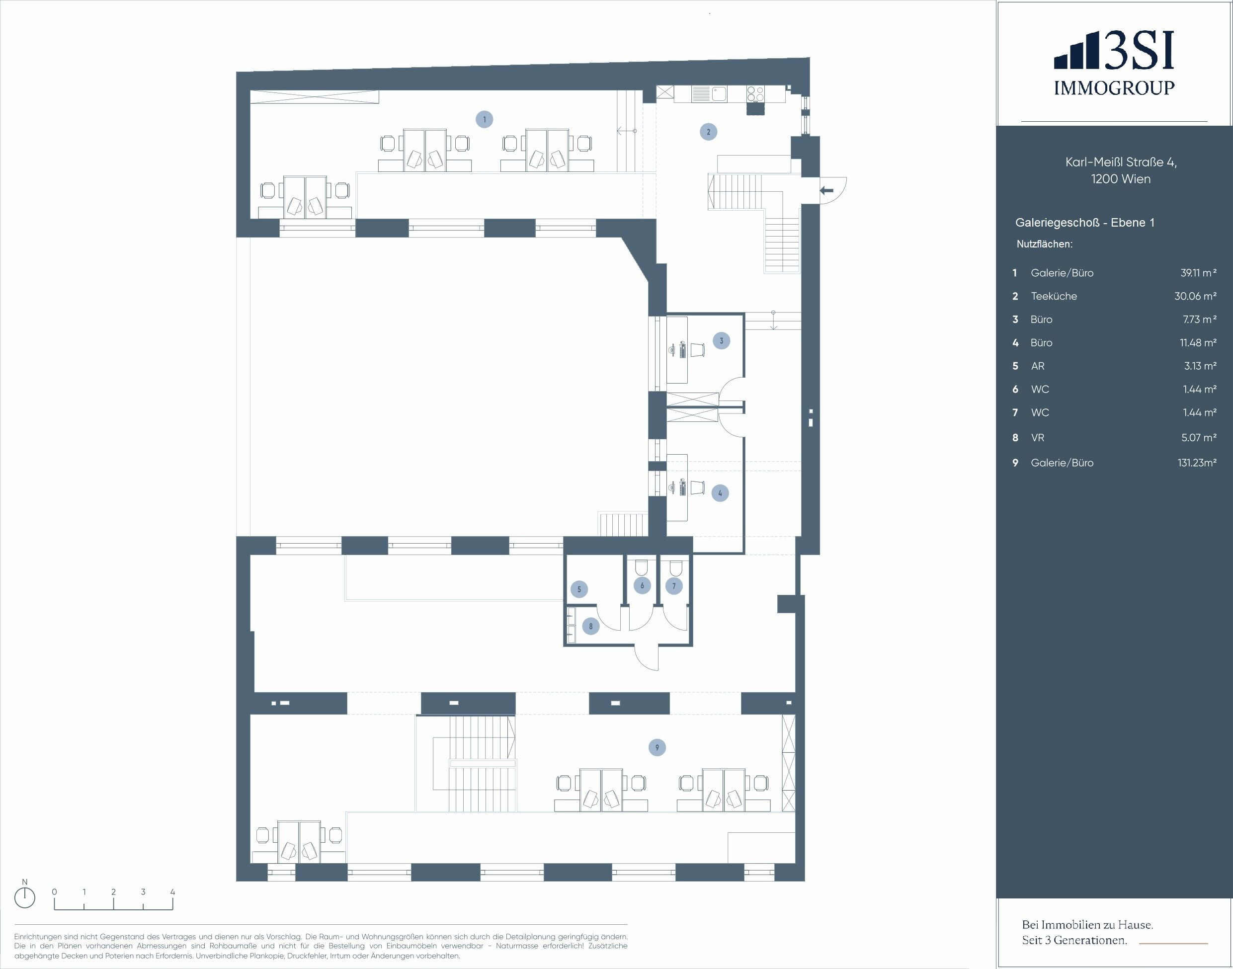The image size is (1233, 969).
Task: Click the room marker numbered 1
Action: (x=484, y=119)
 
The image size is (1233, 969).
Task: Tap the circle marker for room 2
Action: (x=708, y=132)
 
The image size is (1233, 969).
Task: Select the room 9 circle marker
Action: (x=657, y=747)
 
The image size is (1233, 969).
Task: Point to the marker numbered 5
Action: (x=579, y=589)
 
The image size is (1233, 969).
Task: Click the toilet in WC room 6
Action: (x=642, y=568)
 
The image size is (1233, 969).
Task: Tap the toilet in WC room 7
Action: (x=675, y=568)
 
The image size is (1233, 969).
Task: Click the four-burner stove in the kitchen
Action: (x=755, y=93)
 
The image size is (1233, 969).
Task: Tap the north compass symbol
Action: (x=24, y=897)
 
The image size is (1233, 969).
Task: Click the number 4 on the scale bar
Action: (x=172, y=892)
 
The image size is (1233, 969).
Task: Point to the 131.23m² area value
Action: (x=1197, y=462)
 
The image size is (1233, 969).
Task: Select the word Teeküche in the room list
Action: (x=1054, y=296)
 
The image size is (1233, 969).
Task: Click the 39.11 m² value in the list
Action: (x=1198, y=273)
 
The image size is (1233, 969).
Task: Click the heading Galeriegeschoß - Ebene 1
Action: (x=1085, y=223)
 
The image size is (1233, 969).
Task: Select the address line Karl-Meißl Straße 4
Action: (x=1121, y=162)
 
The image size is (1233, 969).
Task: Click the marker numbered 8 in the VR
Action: (x=591, y=626)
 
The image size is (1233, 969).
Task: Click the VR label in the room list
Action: (x=1038, y=437)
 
